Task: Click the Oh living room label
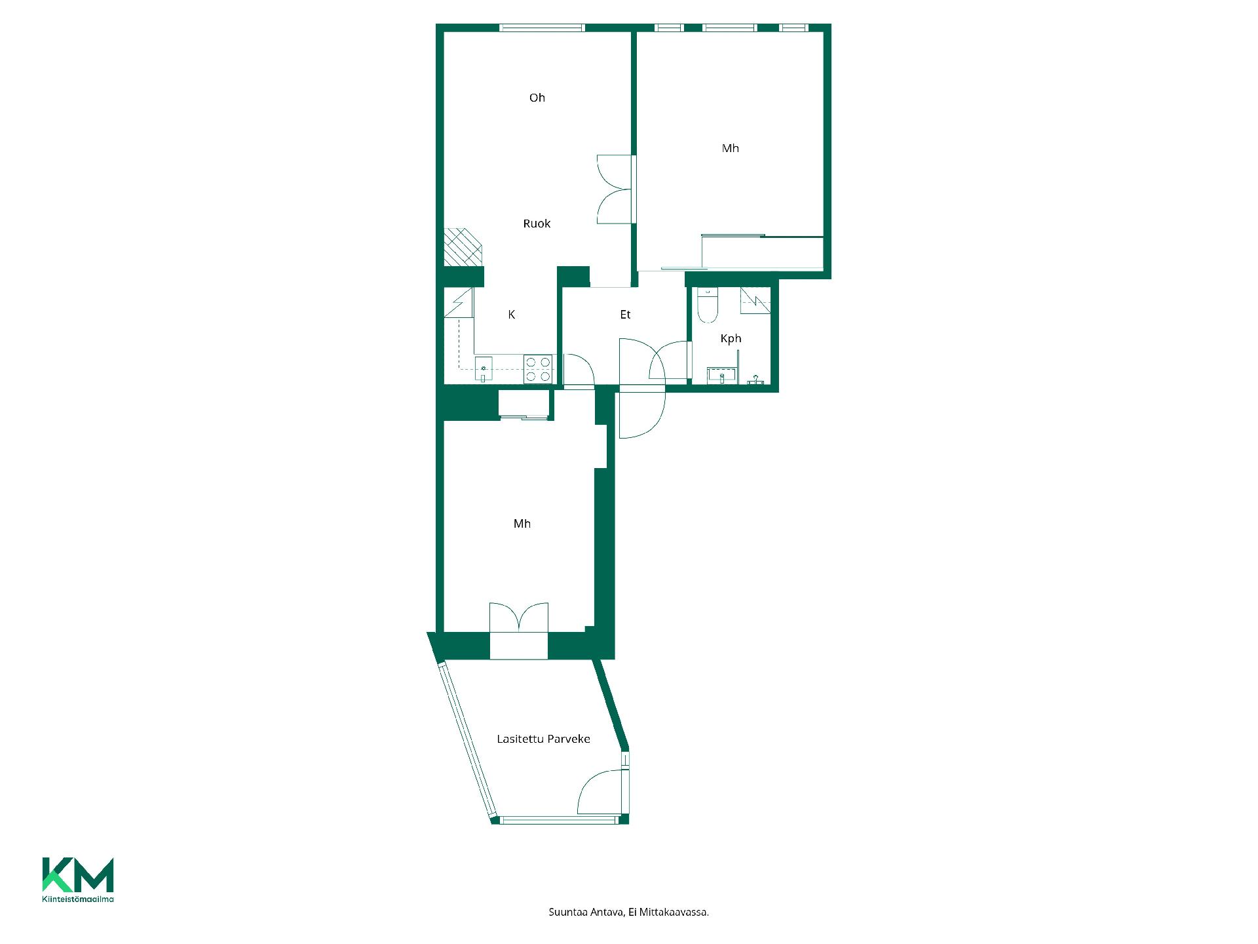point(537,98)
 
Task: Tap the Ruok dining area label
point(537,224)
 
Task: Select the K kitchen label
point(512,315)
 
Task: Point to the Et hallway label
point(625,315)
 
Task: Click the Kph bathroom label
point(731,339)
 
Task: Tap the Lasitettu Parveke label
point(543,739)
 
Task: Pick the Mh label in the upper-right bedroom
point(731,148)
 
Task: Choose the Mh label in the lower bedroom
point(522,524)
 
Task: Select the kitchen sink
point(484,370)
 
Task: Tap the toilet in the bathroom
point(708,305)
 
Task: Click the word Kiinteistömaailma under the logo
point(78,899)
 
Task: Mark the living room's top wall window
point(542,28)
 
